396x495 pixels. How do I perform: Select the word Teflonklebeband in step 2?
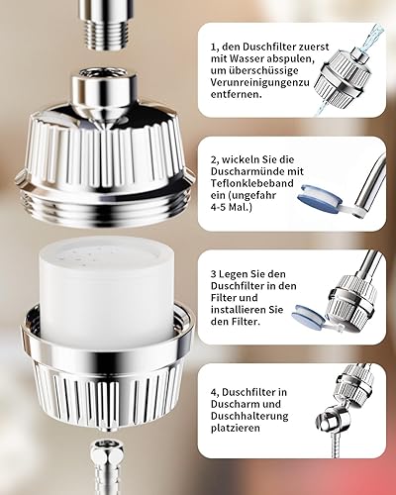(x=252, y=183)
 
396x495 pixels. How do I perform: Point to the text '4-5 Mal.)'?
(x=231, y=208)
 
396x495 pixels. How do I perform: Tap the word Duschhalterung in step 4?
(x=249, y=416)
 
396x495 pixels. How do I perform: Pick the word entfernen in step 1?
(x=235, y=94)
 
